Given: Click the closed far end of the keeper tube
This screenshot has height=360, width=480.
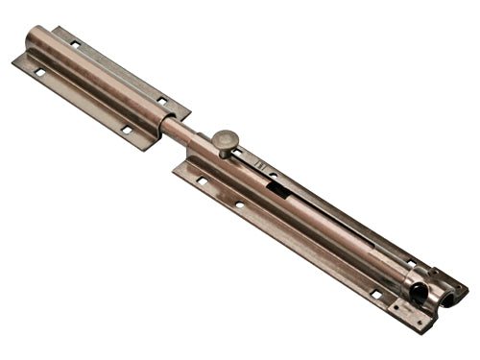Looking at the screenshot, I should tap(36, 35).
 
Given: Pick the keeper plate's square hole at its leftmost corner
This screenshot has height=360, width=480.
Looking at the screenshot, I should tap(39, 71).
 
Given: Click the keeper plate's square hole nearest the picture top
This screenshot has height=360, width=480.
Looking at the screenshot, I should tap(75, 43).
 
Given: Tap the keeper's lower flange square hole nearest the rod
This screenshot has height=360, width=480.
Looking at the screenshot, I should tap(127, 130).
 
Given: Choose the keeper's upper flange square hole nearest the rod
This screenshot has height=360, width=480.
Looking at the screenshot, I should tap(161, 100).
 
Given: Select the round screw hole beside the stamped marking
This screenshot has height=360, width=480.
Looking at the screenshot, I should tap(274, 174).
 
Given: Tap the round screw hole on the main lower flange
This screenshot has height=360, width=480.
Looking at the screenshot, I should tap(239, 204).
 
